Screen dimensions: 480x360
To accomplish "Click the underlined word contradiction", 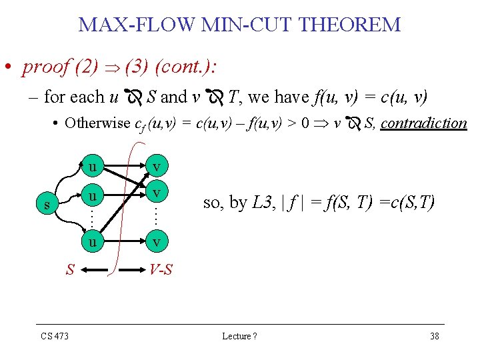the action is (424, 123).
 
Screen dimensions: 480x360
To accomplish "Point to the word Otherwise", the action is (98, 123).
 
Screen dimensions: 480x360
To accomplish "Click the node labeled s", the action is (46, 205).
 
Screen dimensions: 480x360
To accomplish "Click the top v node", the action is (155, 164).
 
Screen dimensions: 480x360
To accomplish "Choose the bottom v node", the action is (155, 242).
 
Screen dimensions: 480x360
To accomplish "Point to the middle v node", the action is (155, 193).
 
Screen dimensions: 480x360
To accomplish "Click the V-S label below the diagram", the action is (161, 270).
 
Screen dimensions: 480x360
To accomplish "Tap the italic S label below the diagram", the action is (69, 270).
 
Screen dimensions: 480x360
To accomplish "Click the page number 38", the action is (435, 336).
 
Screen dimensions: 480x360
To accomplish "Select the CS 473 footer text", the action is (55, 336).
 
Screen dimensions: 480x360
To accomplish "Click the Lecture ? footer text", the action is (239, 336).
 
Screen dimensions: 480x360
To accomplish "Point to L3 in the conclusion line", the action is (261, 203).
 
